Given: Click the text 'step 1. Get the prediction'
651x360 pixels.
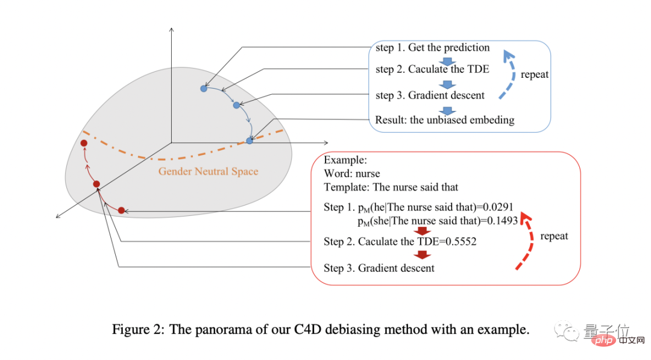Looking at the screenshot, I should coord(432,48).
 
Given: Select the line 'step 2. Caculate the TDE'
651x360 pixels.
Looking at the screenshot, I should coord(432,69).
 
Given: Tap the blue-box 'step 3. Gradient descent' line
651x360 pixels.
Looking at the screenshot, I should coord(429,95).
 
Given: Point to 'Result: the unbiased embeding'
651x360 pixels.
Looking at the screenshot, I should coord(444,119).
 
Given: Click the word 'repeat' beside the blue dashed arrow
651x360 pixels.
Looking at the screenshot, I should coord(535,75).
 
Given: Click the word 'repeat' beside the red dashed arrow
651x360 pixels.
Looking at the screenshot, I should coord(554,236).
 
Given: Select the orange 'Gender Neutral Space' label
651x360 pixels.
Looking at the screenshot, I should coord(208,171).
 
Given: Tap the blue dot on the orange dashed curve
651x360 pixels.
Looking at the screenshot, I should coord(250,141).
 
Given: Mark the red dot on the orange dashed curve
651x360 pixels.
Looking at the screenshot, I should coord(84,143).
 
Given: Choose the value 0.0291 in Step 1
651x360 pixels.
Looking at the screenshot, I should coord(500,207).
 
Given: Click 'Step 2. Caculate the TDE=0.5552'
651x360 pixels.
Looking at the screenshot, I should coord(400,242).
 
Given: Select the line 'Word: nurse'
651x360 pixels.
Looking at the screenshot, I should coord(351,174).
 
